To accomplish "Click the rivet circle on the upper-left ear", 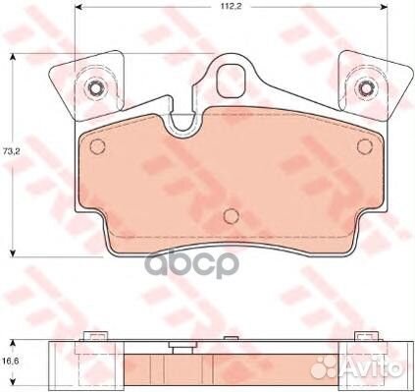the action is tap(95, 87).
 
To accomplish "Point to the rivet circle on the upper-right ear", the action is tap(366, 87).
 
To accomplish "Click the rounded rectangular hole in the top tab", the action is tap(233, 82).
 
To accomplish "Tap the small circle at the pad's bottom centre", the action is tap(232, 216).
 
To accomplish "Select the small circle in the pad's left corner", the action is tap(97, 146).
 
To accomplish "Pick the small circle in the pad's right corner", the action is tap(365, 146).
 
